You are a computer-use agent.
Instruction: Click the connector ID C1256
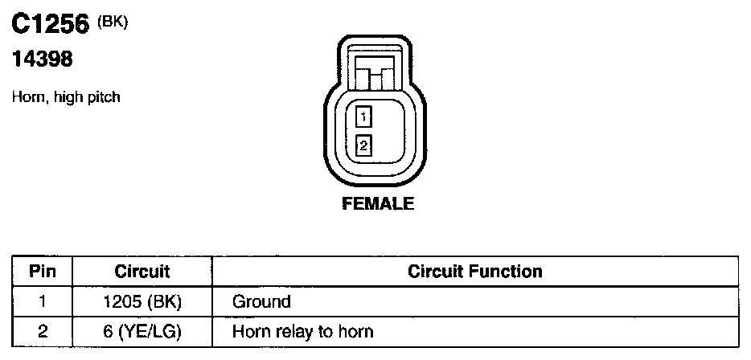[x=49, y=25]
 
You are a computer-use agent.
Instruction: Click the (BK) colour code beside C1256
[x=112, y=22]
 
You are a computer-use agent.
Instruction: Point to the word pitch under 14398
[x=104, y=98]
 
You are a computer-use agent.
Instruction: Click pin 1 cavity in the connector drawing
[x=363, y=117]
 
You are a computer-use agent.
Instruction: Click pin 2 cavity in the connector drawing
[x=363, y=145]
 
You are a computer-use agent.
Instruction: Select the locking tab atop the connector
[x=376, y=75]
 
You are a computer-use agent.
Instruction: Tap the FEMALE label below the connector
[x=378, y=204]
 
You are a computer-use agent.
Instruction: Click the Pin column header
[x=41, y=271]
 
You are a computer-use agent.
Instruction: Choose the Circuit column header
[x=142, y=272]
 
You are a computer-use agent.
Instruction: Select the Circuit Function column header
[x=474, y=271]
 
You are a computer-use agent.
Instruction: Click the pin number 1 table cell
[x=41, y=302]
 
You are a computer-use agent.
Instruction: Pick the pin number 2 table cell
[x=41, y=330]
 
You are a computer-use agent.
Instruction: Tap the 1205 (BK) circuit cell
[x=142, y=302]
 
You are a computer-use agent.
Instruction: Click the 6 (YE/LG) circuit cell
[x=142, y=330]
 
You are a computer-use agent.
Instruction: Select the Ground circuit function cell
[x=261, y=302]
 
